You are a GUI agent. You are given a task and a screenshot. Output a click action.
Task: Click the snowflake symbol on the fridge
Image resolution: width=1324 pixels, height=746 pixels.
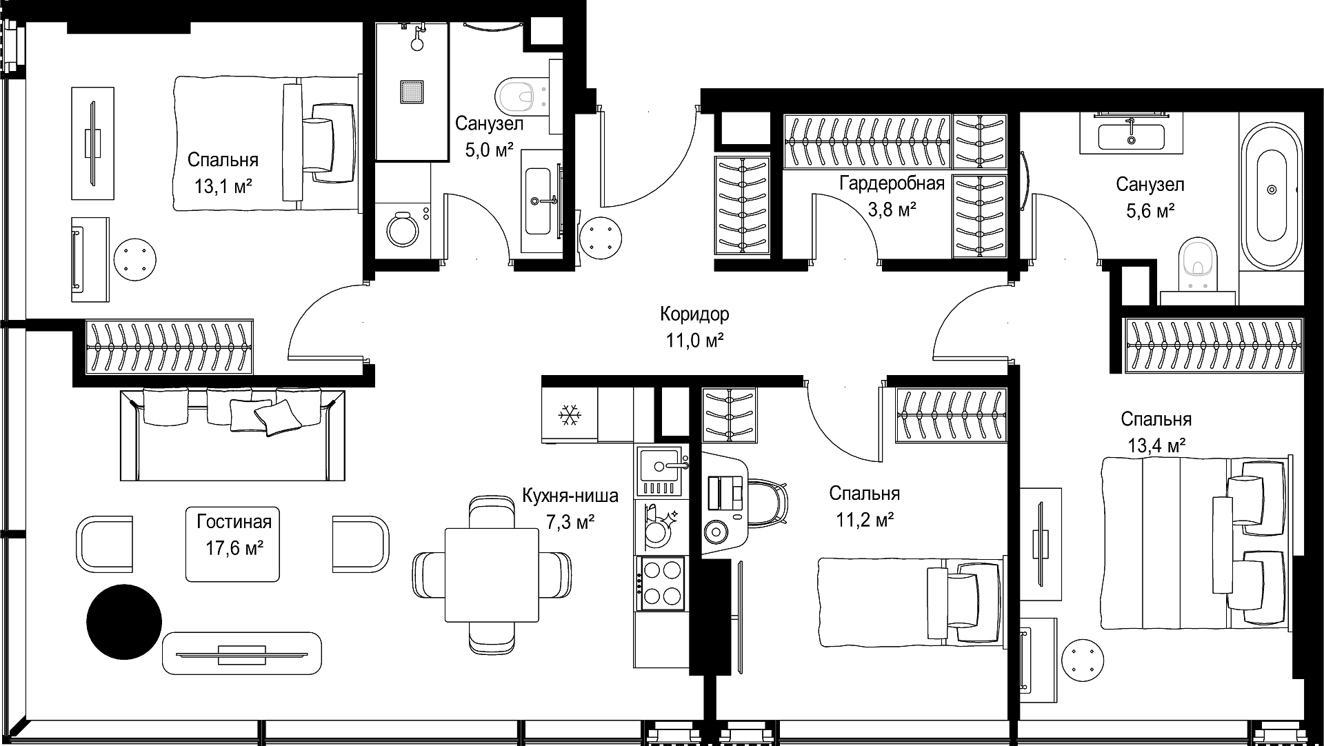(x=570, y=415)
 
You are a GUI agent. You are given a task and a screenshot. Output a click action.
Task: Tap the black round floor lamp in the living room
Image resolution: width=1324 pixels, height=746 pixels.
(x=124, y=621)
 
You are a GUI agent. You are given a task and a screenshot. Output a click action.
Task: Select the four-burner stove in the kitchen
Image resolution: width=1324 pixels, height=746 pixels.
(x=661, y=583)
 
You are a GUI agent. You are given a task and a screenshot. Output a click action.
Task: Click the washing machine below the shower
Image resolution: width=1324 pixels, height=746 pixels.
(x=404, y=228)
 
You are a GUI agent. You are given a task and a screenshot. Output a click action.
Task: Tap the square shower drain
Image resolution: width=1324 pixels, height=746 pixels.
(x=411, y=92)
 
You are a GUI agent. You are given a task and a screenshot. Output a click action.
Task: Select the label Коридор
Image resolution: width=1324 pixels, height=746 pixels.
(x=694, y=314)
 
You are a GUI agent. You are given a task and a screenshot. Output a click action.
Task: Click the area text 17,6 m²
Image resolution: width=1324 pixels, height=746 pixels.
(x=234, y=548)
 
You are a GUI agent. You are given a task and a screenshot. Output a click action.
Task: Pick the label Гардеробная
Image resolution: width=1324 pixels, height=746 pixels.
(x=892, y=183)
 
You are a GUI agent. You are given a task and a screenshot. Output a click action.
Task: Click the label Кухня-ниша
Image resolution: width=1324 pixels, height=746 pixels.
(x=570, y=496)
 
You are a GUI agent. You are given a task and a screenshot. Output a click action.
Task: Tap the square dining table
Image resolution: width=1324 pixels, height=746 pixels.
(x=492, y=576)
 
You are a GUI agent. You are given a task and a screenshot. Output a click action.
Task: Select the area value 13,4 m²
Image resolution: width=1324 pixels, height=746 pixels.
(x=1156, y=445)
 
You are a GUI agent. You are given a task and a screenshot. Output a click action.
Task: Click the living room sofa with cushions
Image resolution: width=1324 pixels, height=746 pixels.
(x=232, y=434)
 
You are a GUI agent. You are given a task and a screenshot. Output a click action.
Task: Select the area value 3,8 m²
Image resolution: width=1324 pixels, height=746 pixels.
(x=892, y=209)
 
